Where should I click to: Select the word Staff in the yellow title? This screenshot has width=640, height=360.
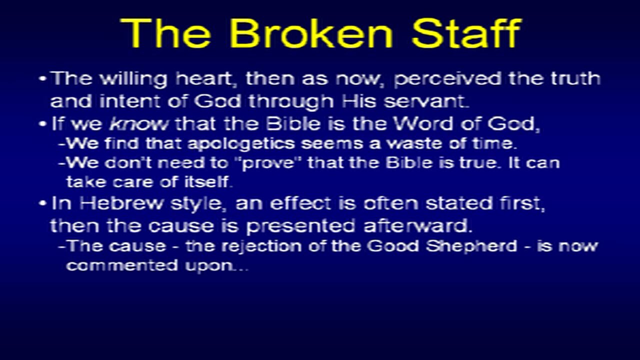point(466,33)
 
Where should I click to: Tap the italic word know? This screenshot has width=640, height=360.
point(139,124)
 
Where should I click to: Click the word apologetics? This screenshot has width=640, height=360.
point(241,143)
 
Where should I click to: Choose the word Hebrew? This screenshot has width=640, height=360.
point(121,203)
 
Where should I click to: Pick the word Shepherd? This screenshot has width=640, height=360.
point(471,246)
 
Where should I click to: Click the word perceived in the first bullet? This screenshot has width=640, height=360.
point(447,79)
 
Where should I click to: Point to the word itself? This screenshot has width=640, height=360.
point(207,181)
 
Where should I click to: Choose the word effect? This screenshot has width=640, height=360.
point(301,203)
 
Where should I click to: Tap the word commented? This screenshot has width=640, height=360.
point(122,265)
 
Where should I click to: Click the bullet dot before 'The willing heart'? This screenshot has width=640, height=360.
point(42,78)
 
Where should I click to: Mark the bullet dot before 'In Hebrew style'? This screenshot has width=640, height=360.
point(42,203)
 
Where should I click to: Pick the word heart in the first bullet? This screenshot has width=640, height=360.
point(203,79)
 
